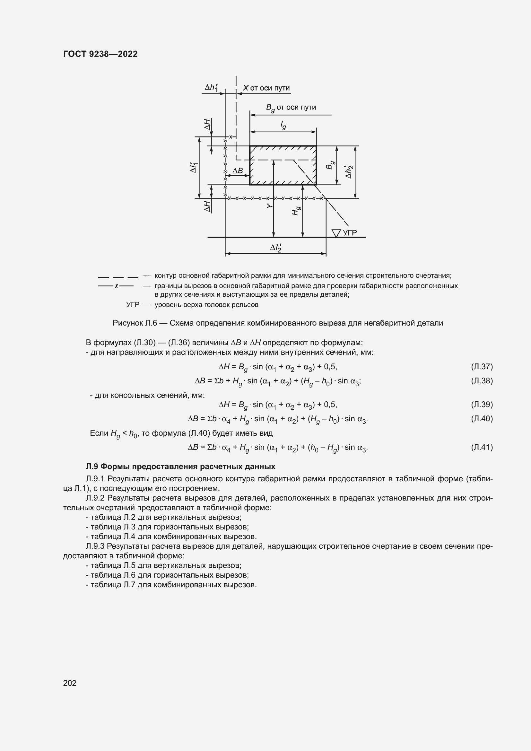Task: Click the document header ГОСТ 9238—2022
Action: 100,54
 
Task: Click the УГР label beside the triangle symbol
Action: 350,232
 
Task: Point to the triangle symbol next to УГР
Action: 336,233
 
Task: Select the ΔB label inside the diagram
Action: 238,171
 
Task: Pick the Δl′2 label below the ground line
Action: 276,248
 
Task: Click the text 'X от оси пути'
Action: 266,88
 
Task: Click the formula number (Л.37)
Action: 482,366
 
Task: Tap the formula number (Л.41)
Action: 482,447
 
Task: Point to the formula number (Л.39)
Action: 482,404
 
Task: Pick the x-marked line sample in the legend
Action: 116,286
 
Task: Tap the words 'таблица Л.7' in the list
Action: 111,584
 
